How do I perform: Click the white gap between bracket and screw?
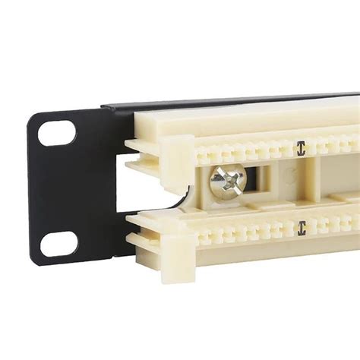pyautogui.click(x=152, y=190)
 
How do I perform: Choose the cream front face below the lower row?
pyautogui.click(x=251, y=262)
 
